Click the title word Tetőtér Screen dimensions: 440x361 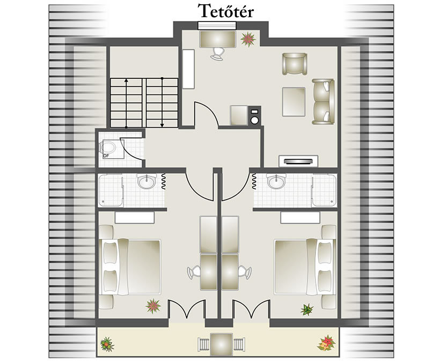225,11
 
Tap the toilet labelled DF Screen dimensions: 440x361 108,148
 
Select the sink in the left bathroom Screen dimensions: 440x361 147,181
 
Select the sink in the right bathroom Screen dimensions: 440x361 276,181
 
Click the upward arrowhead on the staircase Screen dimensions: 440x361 126,80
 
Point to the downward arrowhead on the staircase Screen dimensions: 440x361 162,126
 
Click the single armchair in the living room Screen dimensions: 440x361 295,64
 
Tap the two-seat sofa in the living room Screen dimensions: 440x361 323,101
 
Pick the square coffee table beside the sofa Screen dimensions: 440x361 294,101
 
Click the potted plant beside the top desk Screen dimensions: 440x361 248,39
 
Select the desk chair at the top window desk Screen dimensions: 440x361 218,54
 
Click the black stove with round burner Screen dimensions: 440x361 254,115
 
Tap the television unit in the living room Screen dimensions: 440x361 298,161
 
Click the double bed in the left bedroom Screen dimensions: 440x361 130,267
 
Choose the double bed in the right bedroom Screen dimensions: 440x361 305,267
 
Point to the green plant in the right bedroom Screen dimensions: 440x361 307,310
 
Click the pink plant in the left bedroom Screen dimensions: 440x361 153,306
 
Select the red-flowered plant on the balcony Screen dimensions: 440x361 327,343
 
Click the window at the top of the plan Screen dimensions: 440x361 217,26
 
